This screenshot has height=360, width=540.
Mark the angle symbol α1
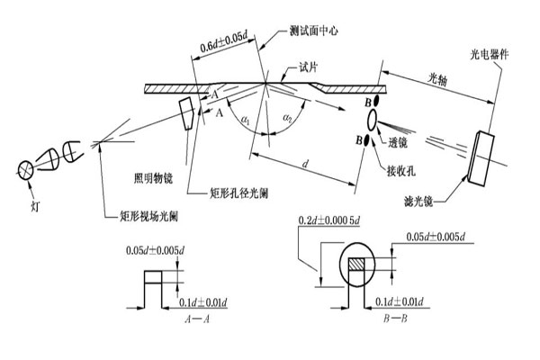coord(243,117)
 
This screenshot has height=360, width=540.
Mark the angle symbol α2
coord(287,118)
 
